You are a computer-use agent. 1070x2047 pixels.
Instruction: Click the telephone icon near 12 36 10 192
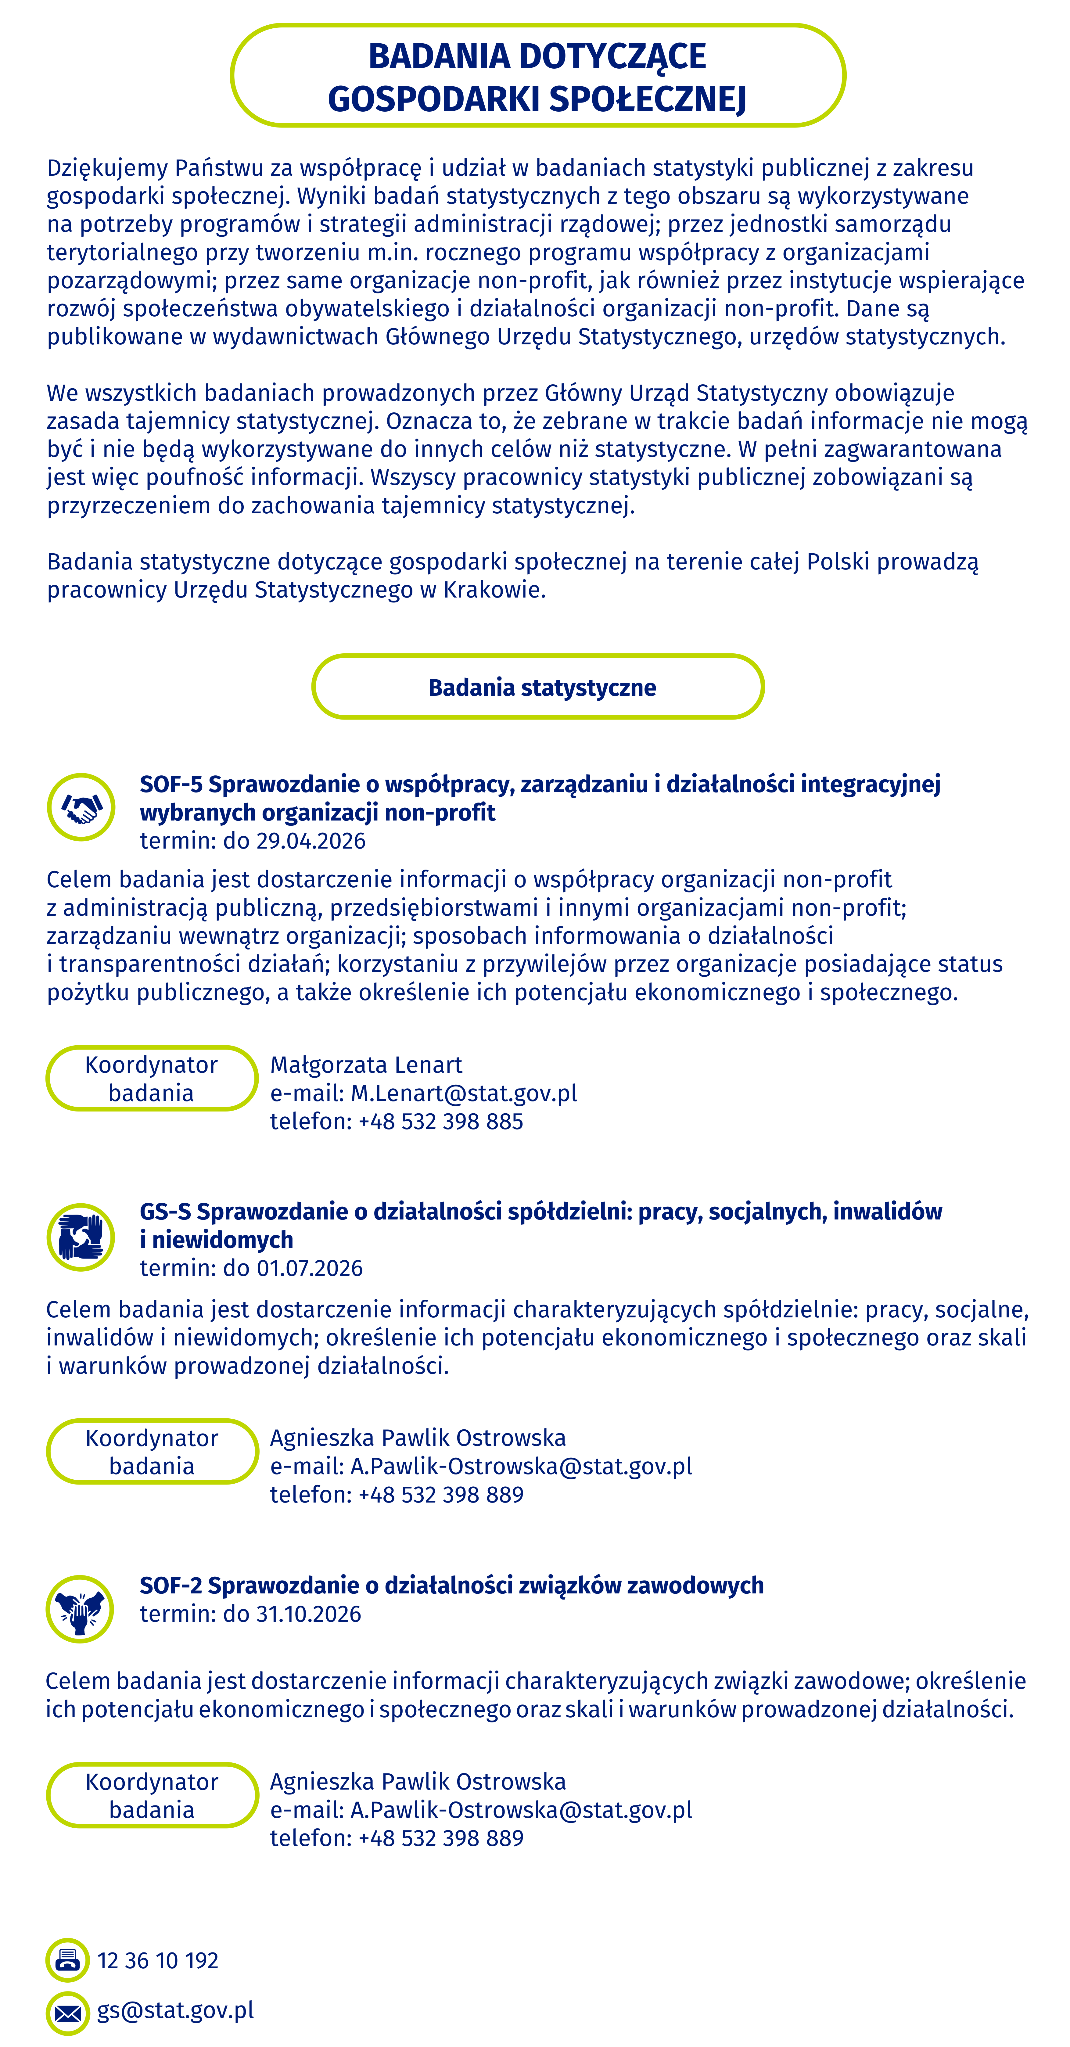click(67, 1960)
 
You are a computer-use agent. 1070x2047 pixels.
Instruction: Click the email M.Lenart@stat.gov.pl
click(464, 1094)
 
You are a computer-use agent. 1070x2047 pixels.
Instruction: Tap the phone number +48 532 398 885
click(441, 1121)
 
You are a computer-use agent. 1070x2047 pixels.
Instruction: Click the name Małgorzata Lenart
click(366, 1065)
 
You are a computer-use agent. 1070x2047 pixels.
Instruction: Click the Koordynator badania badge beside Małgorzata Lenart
click(152, 1078)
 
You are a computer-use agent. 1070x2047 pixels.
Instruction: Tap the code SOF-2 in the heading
click(172, 1585)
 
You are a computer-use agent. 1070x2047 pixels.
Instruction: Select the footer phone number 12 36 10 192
click(158, 1960)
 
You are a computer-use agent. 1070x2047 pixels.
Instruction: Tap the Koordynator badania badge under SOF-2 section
click(152, 1795)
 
